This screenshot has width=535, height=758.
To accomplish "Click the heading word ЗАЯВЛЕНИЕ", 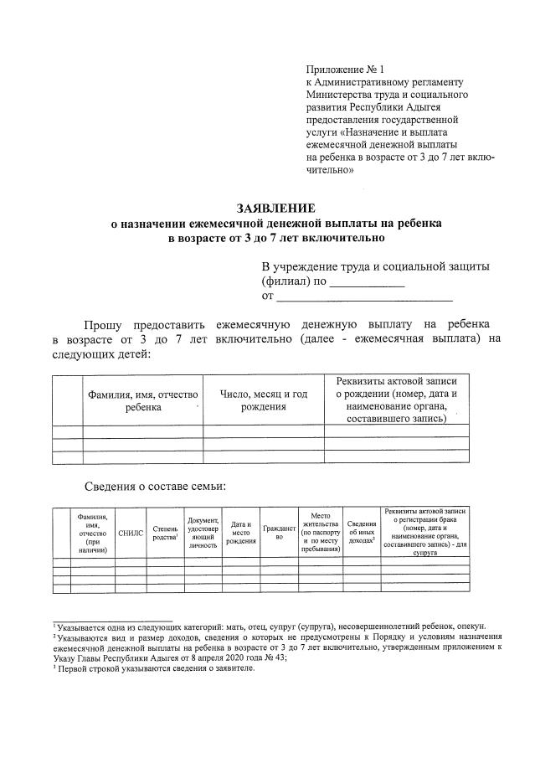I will pyautogui.click(x=275, y=208).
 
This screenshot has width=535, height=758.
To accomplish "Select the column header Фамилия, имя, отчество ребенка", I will pyautogui.click(x=142, y=400).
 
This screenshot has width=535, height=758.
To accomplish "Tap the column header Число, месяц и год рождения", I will pyautogui.click(x=264, y=400).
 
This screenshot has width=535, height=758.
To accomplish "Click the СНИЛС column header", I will pyautogui.click(x=131, y=532).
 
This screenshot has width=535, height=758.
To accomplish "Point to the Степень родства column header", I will pyautogui.click(x=164, y=532).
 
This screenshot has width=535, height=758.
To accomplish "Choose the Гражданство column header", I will pyautogui.click(x=280, y=532).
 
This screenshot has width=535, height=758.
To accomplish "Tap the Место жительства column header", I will pyautogui.click(x=321, y=532).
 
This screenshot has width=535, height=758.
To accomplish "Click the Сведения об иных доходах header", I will pyautogui.click(x=361, y=532).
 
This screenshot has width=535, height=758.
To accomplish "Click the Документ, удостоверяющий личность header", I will pyautogui.click(x=203, y=532).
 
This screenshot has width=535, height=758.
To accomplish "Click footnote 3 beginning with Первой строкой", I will pyautogui.click(x=155, y=668).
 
